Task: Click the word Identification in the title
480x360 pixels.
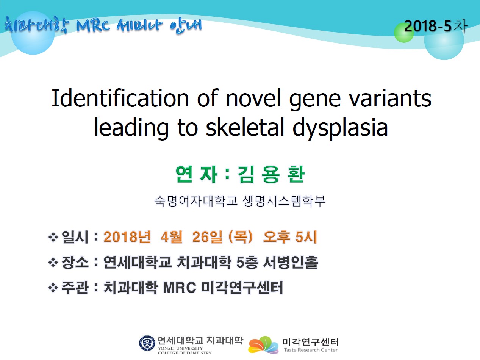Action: (120, 98)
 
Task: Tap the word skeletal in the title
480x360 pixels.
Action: (245, 127)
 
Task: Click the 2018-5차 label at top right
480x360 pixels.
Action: (436, 26)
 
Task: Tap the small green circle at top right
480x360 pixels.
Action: (404, 33)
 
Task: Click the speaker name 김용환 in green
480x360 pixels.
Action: (271, 174)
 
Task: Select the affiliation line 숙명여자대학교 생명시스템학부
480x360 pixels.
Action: (240, 201)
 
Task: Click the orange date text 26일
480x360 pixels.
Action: (208, 237)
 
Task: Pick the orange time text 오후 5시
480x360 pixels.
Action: (290, 237)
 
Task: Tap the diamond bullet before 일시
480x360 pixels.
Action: (53, 238)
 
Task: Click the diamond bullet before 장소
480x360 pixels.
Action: (53, 263)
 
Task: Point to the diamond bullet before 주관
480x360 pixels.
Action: (53, 288)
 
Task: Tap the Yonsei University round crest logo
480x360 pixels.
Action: (147, 343)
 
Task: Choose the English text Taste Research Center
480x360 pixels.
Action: (311, 350)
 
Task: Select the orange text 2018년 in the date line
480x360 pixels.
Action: (127, 237)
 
